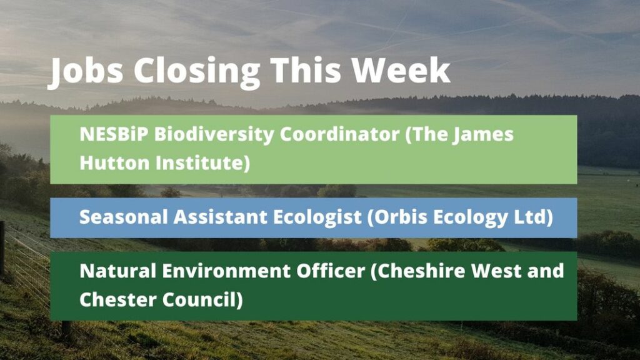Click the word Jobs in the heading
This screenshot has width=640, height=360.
point(85,72)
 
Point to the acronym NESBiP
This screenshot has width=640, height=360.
point(114,134)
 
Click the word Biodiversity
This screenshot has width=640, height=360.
point(214,135)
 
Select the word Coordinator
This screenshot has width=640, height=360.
point(339,134)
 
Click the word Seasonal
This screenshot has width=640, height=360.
point(123,217)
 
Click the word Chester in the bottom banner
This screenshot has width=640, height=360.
point(118,299)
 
